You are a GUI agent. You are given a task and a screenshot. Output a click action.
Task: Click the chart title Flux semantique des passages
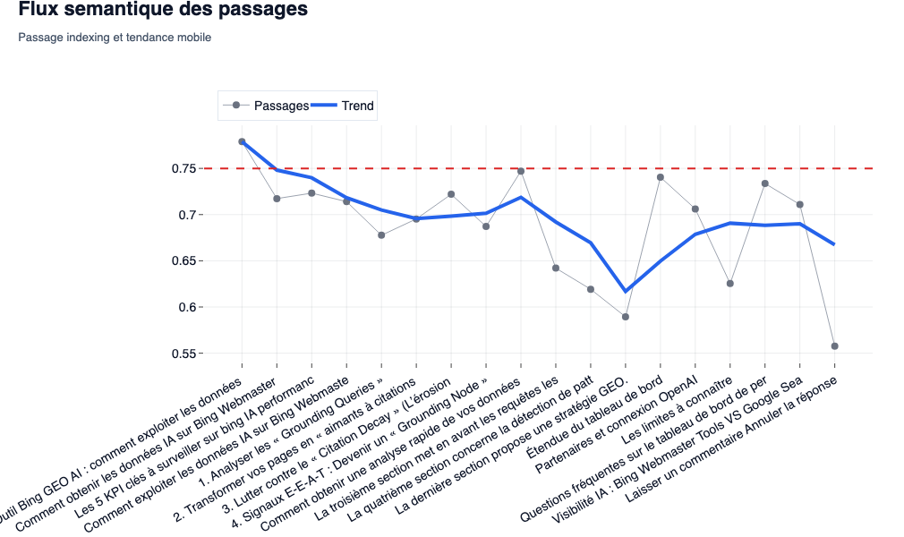coord(163,11)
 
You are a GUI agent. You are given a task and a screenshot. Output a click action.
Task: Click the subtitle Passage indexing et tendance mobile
coord(115,38)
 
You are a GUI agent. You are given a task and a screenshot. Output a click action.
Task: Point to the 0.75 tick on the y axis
coord(183,169)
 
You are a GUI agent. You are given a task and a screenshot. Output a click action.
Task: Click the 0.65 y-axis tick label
coord(183,261)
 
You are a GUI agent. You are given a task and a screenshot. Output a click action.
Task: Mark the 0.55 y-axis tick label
coord(183,354)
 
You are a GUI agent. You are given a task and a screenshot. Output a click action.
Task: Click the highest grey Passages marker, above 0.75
coord(242,141)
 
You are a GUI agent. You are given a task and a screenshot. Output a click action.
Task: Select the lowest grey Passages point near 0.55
coord(834,346)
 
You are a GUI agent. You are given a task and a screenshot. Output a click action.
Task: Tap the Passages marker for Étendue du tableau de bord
coord(661,177)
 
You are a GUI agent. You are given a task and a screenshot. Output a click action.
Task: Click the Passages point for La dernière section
coord(626,317)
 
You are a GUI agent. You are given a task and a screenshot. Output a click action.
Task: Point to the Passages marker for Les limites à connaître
coord(730,284)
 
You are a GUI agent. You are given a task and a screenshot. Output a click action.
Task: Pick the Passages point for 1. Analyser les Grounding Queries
coord(381,235)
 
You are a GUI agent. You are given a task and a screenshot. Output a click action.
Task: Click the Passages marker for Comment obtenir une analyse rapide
coord(521,171)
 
